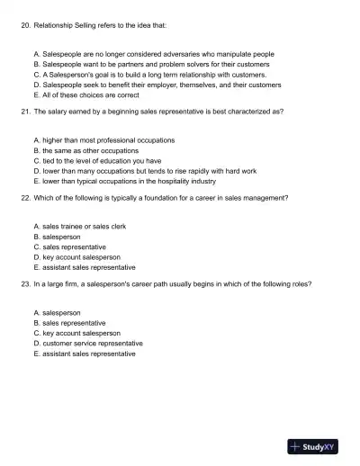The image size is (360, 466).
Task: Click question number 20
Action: (x=24, y=27)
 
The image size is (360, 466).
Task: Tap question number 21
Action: (x=24, y=112)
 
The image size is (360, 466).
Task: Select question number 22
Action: (x=24, y=198)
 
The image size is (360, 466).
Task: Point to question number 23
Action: (x=24, y=283)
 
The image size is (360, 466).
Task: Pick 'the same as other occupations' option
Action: (x=96, y=150)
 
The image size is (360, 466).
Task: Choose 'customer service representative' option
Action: (x=93, y=343)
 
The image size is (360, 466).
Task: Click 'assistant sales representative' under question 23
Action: (x=89, y=354)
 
